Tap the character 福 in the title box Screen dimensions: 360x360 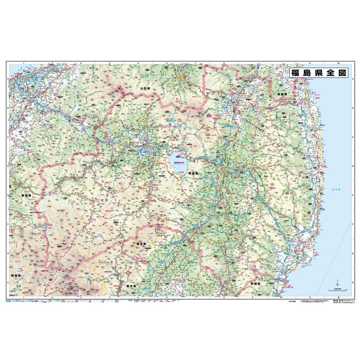(296, 73)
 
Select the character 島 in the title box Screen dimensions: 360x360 (308, 73)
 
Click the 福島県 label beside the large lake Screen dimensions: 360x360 (193, 174)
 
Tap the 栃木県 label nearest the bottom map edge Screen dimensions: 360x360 (132, 287)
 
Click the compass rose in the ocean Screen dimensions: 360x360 (337, 282)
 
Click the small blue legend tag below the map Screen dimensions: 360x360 (8, 300)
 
